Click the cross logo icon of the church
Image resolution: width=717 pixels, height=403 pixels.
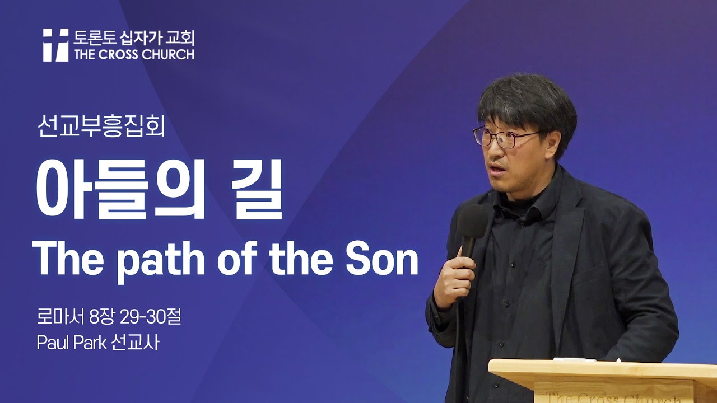[x=55, y=45]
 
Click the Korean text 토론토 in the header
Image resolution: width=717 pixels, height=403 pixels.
[x=91, y=38]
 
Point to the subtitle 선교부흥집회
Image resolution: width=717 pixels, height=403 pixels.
[x=101, y=128]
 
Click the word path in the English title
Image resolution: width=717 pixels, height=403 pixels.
[x=162, y=260]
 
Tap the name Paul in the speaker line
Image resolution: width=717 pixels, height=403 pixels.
[x=52, y=342]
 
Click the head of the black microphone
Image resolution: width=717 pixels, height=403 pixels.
[x=472, y=221]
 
